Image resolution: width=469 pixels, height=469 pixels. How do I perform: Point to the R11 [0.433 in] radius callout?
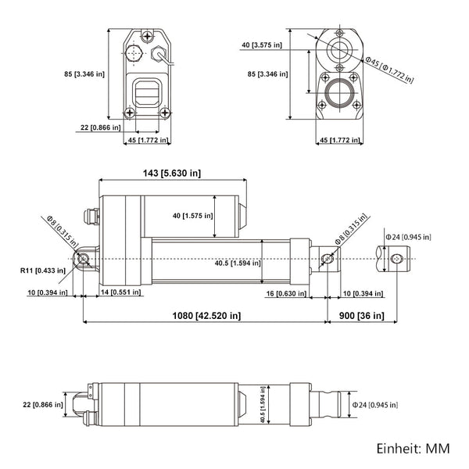pyautogui.click(x=44, y=270)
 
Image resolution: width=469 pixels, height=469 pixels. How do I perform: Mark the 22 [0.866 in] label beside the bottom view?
pyautogui.click(x=41, y=404)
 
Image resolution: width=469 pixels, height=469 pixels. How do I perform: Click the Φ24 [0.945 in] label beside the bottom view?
pyautogui.click(x=374, y=405)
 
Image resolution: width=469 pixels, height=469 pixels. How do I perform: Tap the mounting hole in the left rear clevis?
pyautogui.click(x=81, y=259)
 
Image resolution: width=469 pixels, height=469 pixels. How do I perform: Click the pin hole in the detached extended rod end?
pyautogui.click(x=398, y=259)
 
